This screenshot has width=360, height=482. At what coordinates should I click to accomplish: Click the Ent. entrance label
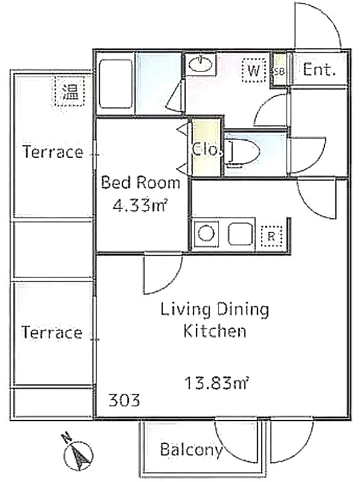click(x=318, y=70)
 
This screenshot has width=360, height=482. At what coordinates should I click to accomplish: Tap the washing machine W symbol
click(x=254, y=71)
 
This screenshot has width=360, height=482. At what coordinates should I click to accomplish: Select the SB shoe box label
click(x=279, y=72)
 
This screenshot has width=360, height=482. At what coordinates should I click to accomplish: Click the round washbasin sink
click(x=201, y=64)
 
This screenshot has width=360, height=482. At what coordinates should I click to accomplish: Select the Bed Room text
click(x=141, y=183)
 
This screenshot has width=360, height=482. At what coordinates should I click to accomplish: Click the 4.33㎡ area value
click(x=139, y=205)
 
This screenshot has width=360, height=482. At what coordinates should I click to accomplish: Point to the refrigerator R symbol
click(x=271, y=236)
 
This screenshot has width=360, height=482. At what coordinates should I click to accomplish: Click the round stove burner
click(x=206, y=233)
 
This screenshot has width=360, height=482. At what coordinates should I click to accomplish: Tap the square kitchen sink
click(x=241, y=234)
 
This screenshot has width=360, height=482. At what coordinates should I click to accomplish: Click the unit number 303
click(x=124, y=400)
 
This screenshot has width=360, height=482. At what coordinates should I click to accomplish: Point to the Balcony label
click(x=191, y=449)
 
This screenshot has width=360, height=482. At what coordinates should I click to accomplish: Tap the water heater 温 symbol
click(x=69, y=92)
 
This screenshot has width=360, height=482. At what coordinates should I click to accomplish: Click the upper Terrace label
click(x=53, y=152)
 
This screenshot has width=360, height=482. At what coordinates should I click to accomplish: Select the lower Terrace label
click(x=52, y=333)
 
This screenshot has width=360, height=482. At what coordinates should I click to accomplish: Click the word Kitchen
click(x=215, y=331)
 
